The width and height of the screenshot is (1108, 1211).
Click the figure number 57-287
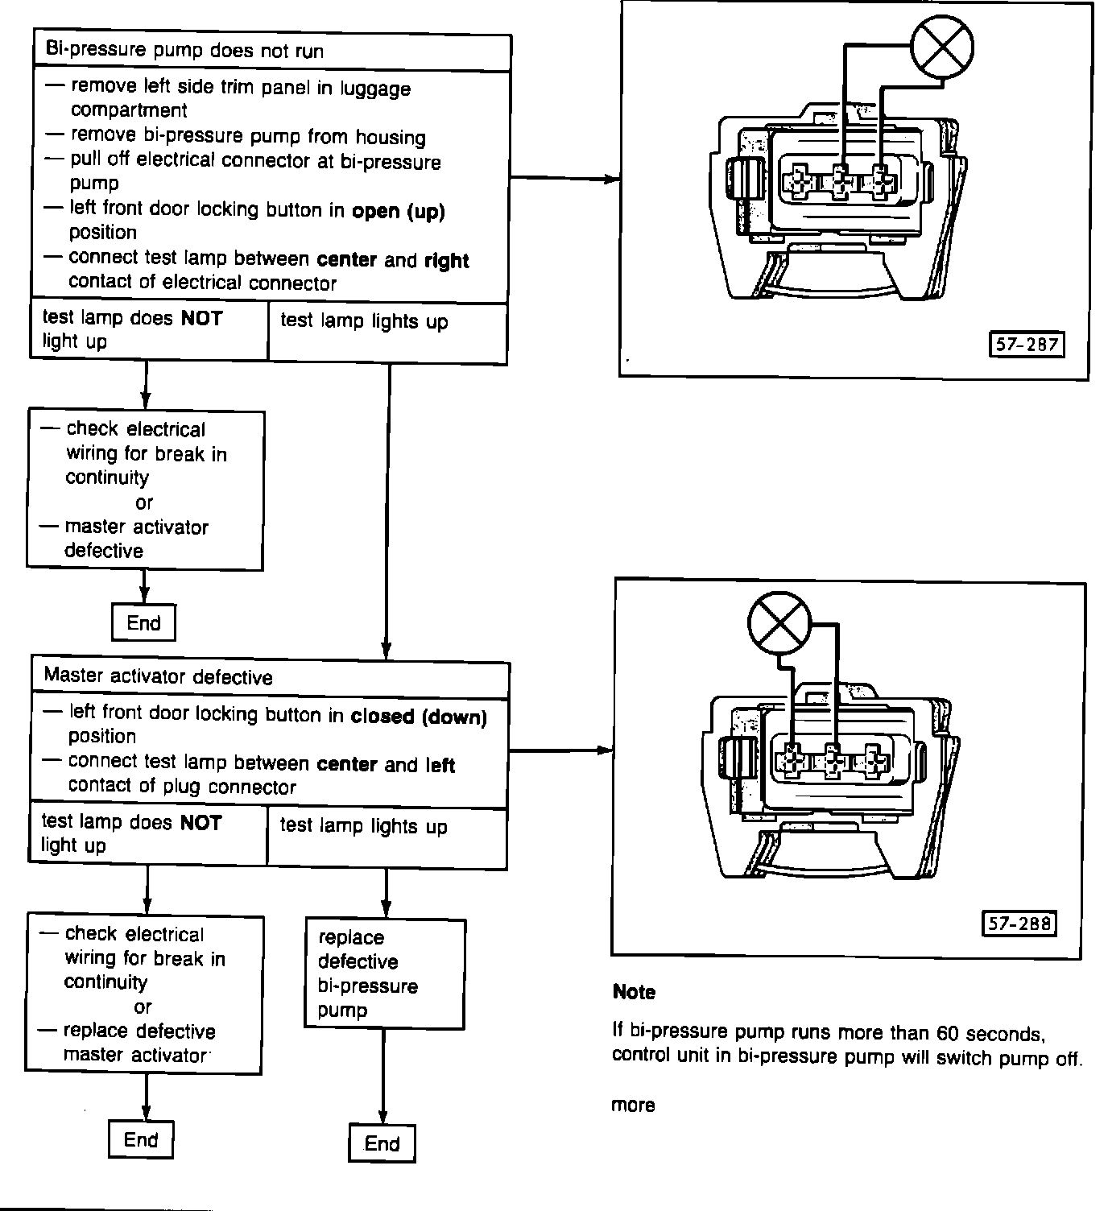[x=1026, y=345]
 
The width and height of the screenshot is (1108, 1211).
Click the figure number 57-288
[x=1019, y=923]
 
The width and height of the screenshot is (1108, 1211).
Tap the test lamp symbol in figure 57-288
[x=779, y=625]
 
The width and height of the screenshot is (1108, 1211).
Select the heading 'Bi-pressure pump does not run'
[x=184, y=51]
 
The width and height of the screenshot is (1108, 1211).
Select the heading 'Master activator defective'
[x=159, y=676]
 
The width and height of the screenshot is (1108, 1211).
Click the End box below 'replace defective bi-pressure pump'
[x=382, y=1143]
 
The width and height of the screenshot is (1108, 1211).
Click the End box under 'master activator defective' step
[x=143, y=622]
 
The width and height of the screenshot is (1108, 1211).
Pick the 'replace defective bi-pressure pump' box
[x=384, y=973]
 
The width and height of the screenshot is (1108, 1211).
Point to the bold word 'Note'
[x=634, y=992]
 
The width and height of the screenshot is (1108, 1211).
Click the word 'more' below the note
[x=633, y=1106]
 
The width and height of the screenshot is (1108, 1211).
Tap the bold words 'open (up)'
[x=398, y=211]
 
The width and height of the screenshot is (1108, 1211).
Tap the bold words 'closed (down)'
[x=419, y=716]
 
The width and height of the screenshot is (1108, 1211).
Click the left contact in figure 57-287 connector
[x=799, y=183]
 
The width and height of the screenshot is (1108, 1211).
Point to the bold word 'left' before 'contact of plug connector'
[x=440, y=764]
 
